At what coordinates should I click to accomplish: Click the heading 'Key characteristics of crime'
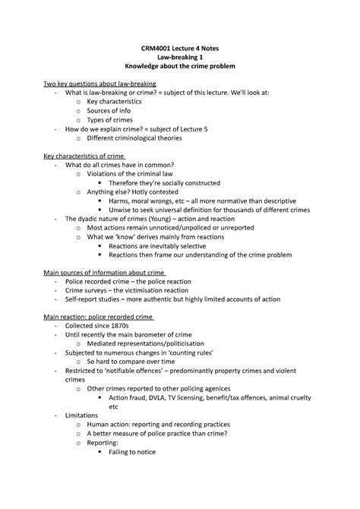coord(83,156)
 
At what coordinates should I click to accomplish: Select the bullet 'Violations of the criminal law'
coord(131,174)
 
